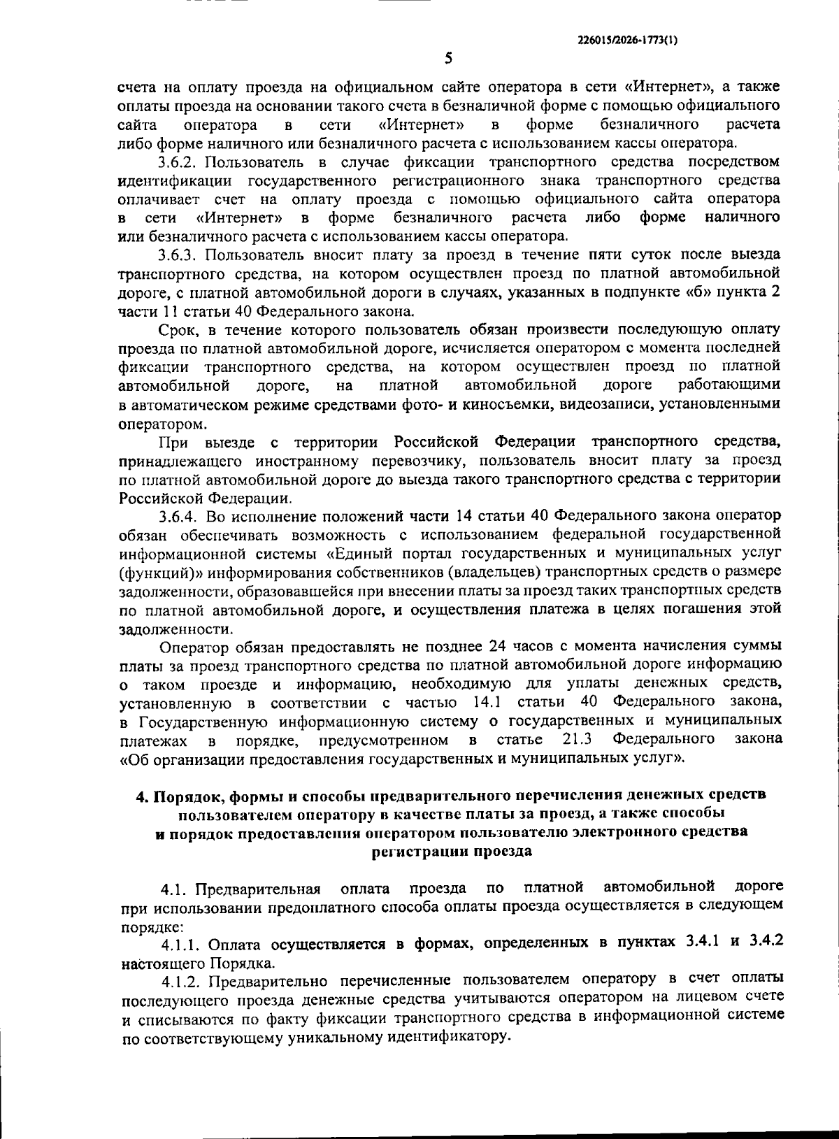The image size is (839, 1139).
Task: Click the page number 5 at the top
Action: pyautogui.click(x=448, y=59)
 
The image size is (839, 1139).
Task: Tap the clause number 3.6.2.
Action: pyautogui.click(x=182, y=162)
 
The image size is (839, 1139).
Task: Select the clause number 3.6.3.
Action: pyautogui.click(x=182, y=254)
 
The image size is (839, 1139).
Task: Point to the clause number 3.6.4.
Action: pyautogui.click(x=182, y=517)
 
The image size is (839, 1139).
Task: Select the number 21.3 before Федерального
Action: pyautogui.click(x=578, y=739)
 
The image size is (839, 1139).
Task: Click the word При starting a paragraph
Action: pyautogui.click(x=172, y=442)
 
